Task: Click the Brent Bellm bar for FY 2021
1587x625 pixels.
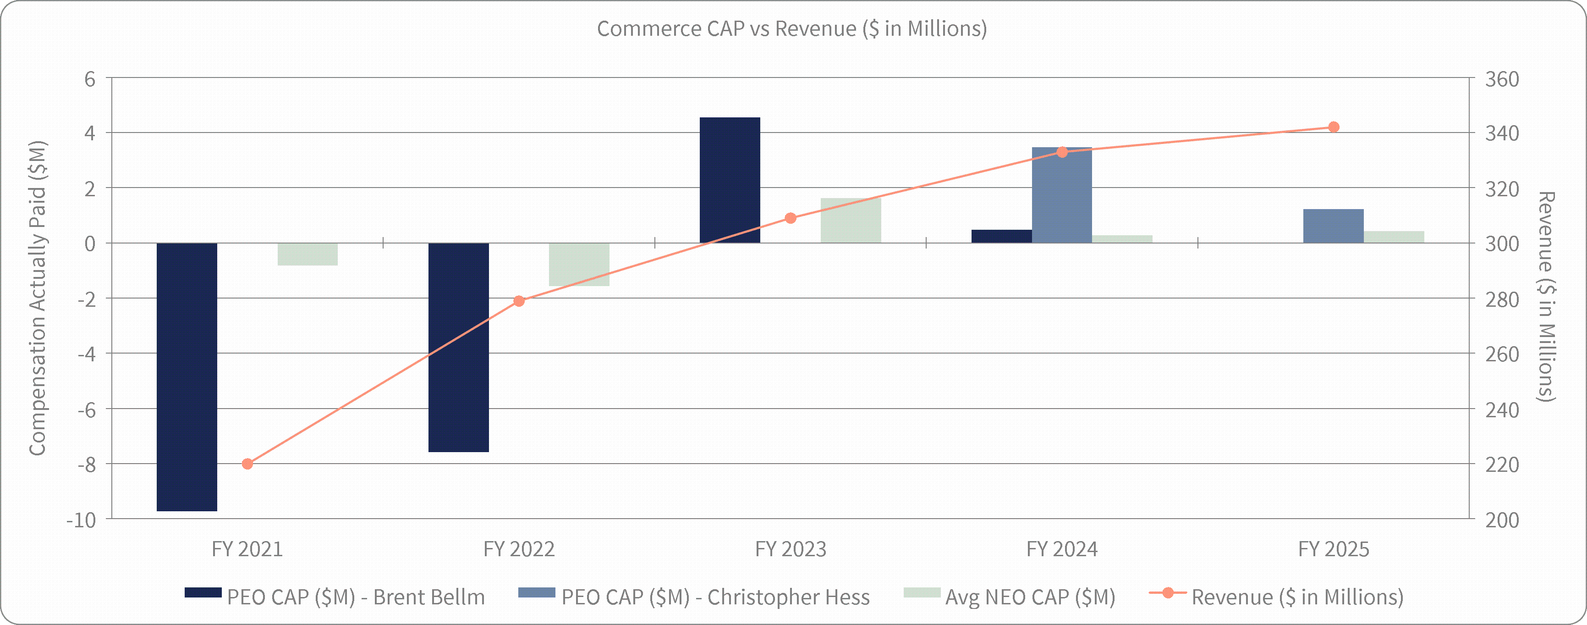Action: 187,376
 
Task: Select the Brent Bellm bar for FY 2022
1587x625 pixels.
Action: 458,347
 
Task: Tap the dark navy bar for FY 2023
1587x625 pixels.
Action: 730,180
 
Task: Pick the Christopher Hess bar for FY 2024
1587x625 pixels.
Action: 1061,195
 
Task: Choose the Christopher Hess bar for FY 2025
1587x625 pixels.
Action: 1333,226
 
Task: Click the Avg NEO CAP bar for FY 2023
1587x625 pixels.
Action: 850,220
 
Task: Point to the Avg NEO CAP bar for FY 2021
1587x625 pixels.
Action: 308,254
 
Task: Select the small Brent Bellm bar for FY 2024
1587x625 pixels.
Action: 1001,236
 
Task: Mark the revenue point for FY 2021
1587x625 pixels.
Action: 247,464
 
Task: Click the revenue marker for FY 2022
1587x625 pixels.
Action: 519,301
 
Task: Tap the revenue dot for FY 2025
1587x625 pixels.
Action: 1333,127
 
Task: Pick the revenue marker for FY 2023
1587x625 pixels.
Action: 791,218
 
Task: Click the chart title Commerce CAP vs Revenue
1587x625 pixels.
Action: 791,28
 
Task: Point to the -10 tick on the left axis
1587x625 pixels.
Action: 81,520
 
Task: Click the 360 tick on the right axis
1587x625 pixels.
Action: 1502,79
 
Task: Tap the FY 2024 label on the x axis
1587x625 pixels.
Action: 1061,548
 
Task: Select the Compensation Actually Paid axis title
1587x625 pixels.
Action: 38,299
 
